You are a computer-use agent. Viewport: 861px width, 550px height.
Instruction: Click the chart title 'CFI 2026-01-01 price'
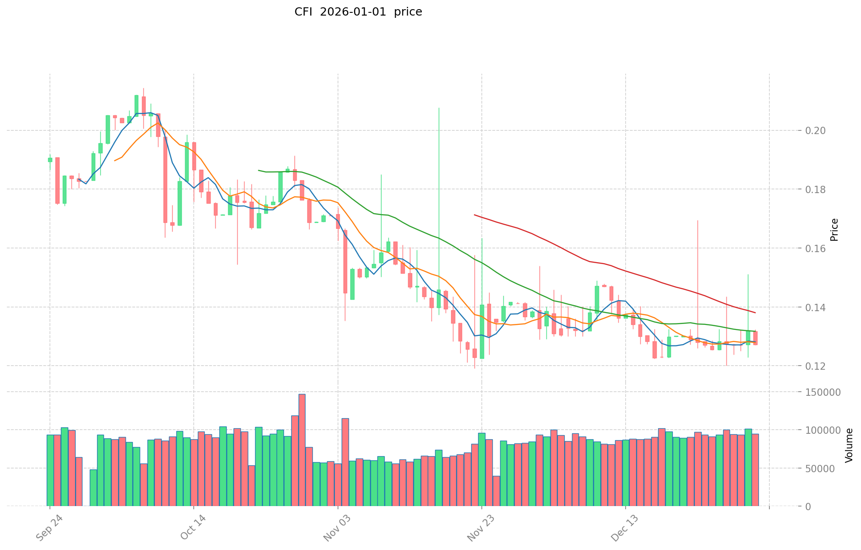[358, 12]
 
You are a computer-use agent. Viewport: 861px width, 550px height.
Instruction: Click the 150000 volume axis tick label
[825, 392]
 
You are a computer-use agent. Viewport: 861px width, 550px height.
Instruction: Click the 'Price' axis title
[834, 230]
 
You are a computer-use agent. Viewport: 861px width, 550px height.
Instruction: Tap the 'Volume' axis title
[849, 445]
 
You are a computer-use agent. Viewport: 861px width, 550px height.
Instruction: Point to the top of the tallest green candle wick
[439, 108]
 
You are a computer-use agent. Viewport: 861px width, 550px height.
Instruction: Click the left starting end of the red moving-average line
[474, 215]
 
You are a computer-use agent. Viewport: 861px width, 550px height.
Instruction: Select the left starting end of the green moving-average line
[259, 170]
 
